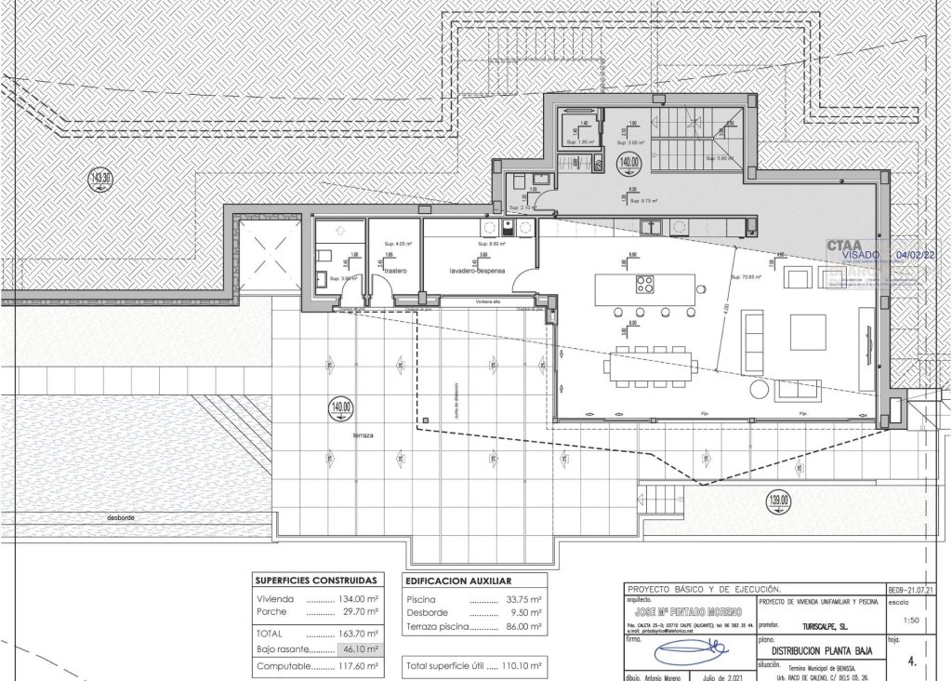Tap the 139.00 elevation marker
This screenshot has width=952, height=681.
(x=779, y=501)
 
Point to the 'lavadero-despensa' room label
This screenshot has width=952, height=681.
(x=477, y=271)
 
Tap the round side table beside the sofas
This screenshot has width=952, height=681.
(x=760, y=386)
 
